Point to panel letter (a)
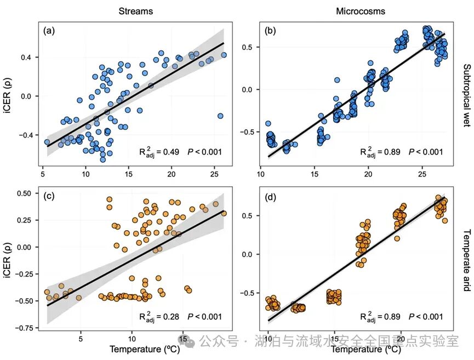pos(50,31)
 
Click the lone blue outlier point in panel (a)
pos(220,116)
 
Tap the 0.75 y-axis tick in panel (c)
pos(20,328)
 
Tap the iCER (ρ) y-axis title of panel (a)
pos(8,95)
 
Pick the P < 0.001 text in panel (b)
pos(422,152)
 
